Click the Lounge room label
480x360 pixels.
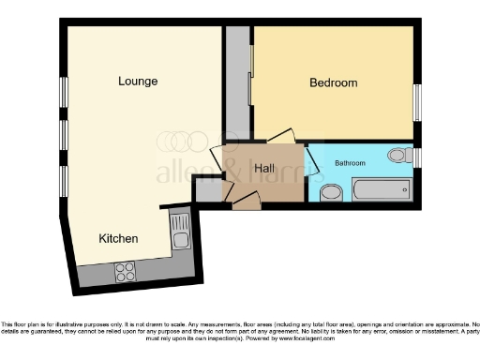point(138,82)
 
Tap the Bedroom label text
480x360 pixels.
point(333,83)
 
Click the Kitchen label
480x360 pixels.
point(119,239)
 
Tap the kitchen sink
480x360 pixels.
point(180,232)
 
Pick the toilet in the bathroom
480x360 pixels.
point(398,156)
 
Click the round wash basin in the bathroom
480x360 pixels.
point(330,193)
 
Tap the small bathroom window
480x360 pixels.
point(417,156)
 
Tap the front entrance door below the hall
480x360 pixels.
point(246,202)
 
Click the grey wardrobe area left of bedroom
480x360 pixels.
point(237,80)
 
